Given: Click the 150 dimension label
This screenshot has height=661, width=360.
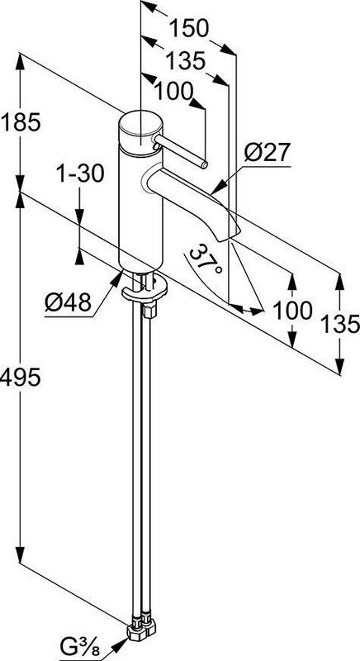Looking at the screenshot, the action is tap(188, 29).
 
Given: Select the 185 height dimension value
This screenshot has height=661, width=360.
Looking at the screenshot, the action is tap(21, 122).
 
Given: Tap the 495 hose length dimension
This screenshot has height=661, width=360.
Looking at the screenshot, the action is tap(21, 377).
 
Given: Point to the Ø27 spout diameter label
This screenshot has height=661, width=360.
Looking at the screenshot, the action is tap(268, 152).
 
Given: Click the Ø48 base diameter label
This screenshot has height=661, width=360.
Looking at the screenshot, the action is tap(69, 302).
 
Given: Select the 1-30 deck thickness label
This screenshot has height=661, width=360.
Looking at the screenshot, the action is tap(80, 174).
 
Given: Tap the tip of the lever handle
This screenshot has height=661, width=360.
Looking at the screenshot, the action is tap(204, 164).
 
